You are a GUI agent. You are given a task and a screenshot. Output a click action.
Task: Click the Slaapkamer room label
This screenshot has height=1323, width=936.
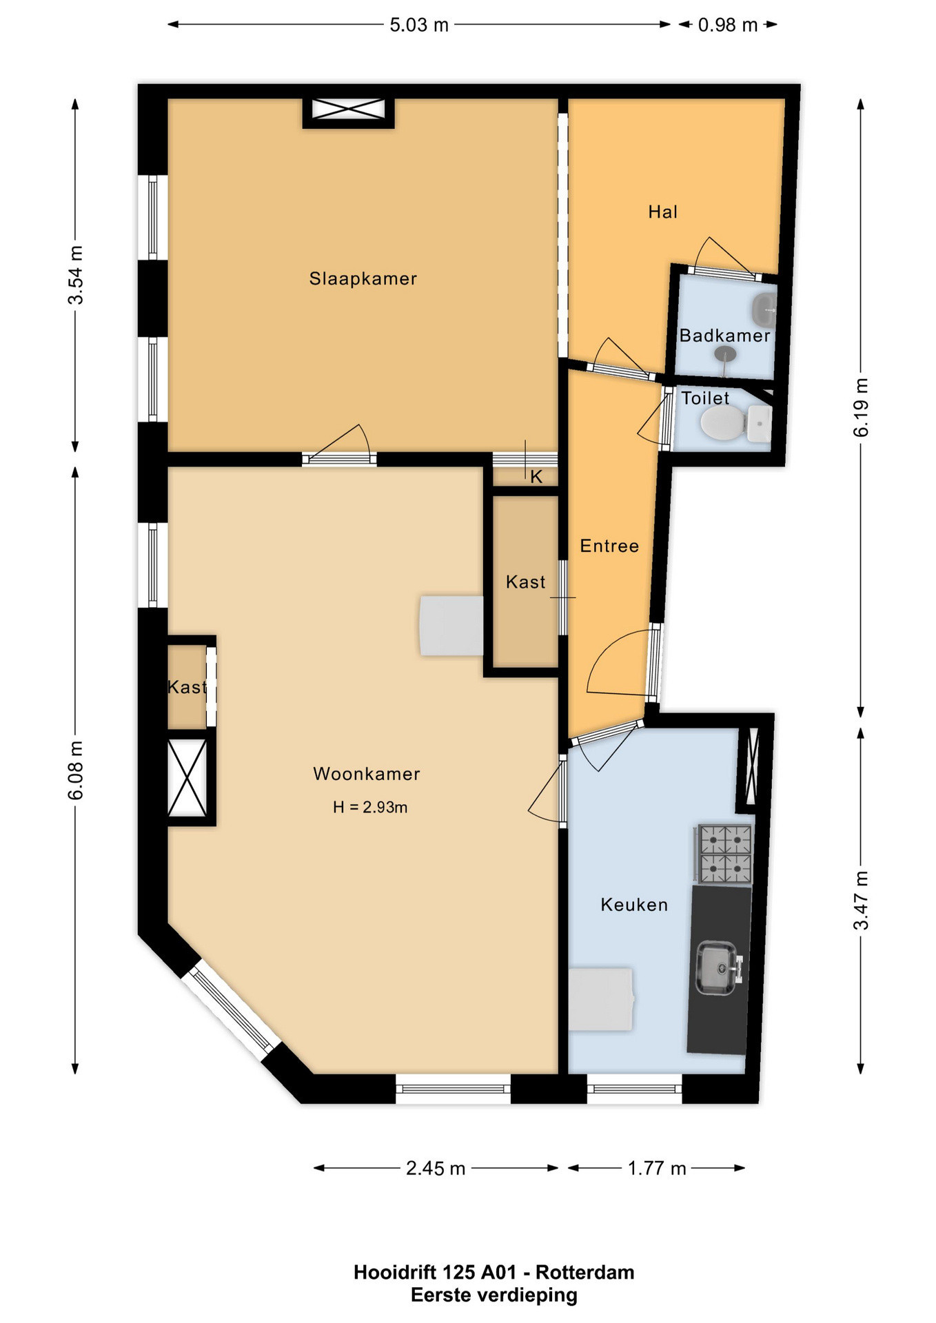(363, 278)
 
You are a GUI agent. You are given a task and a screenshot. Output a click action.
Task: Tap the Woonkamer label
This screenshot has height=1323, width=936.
(367, 773)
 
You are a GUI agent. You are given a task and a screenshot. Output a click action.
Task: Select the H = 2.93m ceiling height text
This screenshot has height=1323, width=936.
(370, 807)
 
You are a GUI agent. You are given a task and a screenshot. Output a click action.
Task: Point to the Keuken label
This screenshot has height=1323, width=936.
(634, 904)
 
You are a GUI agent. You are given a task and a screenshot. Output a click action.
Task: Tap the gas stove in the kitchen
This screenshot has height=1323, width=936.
(723, 854)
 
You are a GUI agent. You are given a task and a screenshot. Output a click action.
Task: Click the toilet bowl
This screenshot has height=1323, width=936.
(722, 422)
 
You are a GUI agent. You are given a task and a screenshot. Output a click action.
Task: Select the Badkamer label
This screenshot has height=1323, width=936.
(724, 336)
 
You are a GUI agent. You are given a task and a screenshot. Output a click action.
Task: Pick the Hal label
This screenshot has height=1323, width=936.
(663, 212)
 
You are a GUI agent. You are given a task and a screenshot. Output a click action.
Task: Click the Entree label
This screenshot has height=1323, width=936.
(609, 546)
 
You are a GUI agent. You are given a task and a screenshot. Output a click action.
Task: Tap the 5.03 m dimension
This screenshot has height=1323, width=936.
(419, 25)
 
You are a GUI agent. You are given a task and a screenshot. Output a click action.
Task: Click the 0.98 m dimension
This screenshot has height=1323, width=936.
(728, 25)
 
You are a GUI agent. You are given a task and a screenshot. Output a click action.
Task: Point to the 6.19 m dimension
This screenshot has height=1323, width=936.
(861, 407)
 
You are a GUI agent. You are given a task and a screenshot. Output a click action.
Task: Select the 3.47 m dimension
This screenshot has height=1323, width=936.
(861, 901)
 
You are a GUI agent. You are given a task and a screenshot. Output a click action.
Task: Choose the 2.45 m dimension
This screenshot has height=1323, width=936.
(436, 1168)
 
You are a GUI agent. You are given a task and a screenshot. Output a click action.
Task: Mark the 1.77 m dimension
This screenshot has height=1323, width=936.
(657, 1168)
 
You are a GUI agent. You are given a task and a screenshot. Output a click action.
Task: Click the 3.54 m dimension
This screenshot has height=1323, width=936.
(75, 275)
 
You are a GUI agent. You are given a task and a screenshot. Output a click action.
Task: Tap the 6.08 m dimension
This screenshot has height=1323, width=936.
(75, 770)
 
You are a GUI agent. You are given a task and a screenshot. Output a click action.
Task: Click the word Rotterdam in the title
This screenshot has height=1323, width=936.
(585, 1272)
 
